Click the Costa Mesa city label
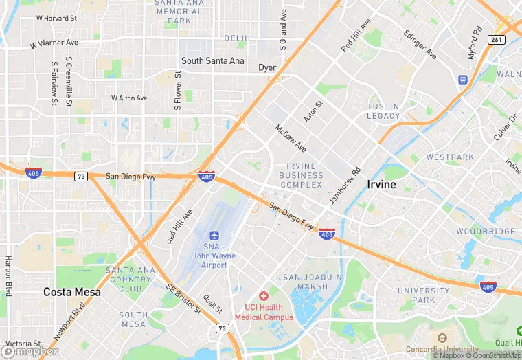pyautogui.click(x=71, y=292)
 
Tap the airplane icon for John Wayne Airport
pyautogui.click(x=214, y=236)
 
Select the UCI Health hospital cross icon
pyautogui.click(x=264, y=295)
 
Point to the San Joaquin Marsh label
pyautogui.click(x=313, y=282)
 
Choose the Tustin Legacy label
pyautogui.click(x=383, y=111)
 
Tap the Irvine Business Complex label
pyautogui.click(x=301, y=175)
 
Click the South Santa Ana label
pyautogui.click(x=212, y=61)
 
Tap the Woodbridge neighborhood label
pyautogui.click(x=486, y=232)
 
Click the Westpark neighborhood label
pyautogui.click(x=450, y=157)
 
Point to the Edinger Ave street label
pyautogui.click(x=420, y=44)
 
